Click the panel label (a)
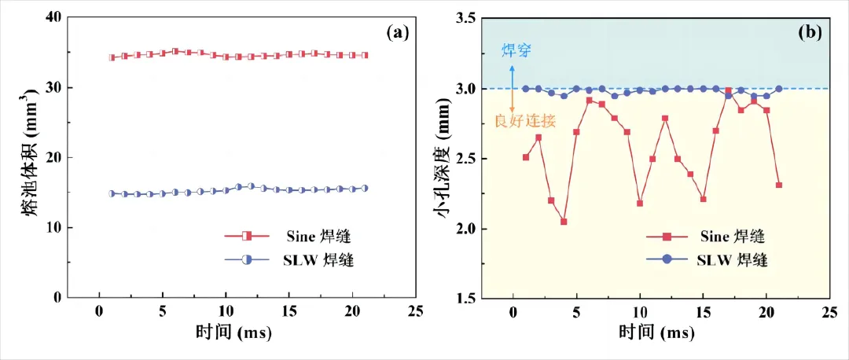click(x=397, y=32)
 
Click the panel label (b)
click(x=810, y=32)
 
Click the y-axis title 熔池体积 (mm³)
click(x=31, y=157)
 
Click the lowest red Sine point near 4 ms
click(x=564, y=222)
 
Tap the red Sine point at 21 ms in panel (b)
click(x=778, y=186)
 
